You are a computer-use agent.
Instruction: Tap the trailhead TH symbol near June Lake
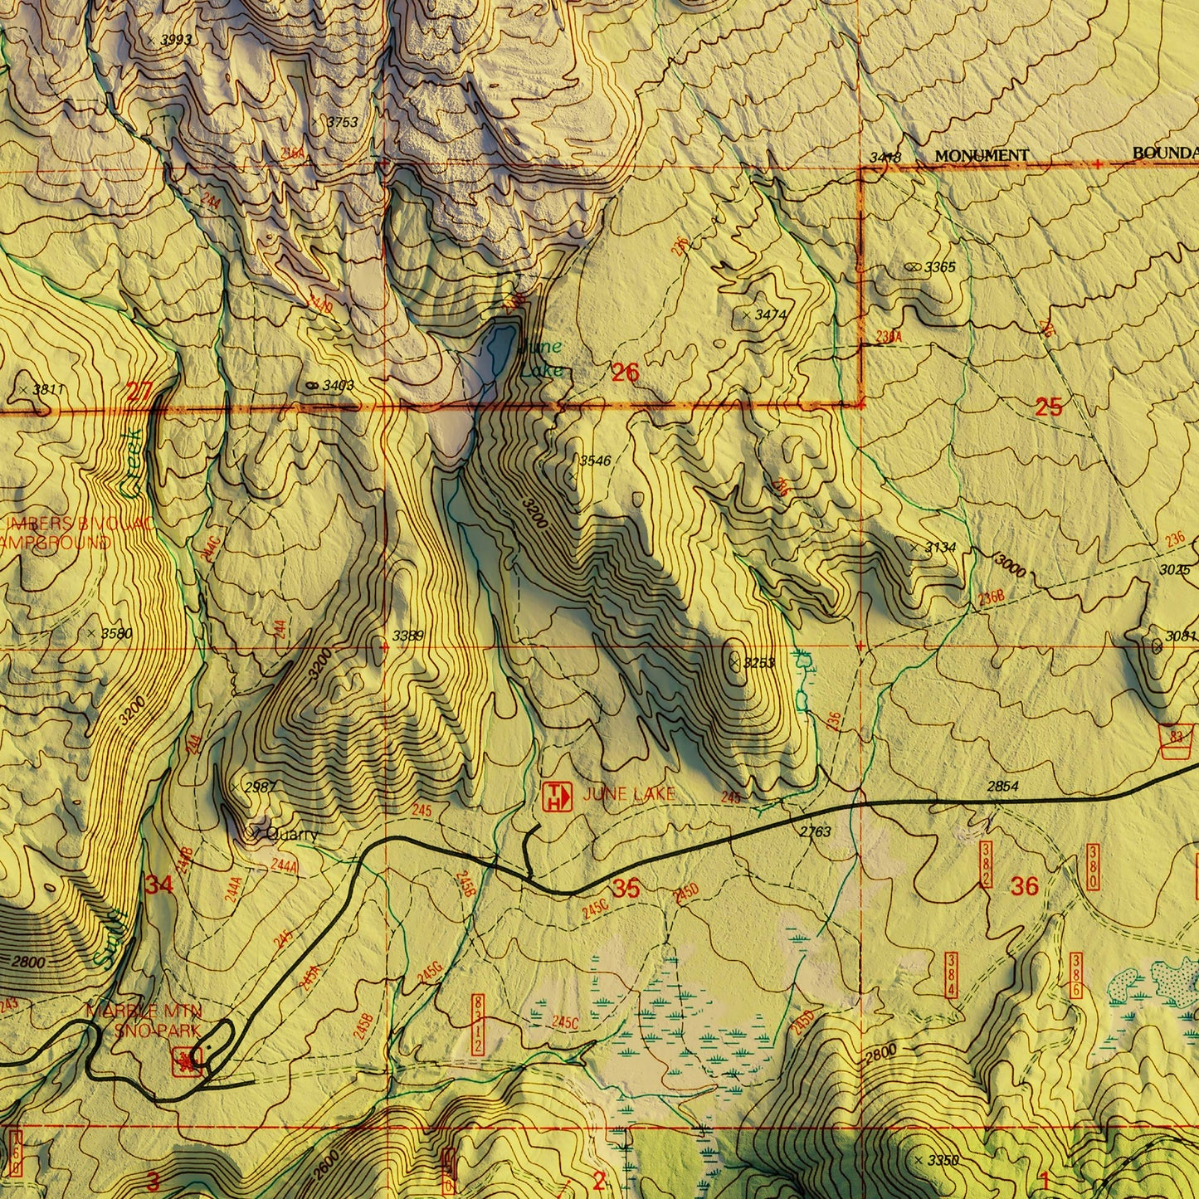point(557,797)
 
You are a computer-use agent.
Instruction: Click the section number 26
point(625,373)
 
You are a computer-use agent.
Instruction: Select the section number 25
point(1049,407)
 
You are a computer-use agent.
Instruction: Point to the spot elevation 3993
point(175,40)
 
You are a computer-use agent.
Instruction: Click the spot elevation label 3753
point(342,122)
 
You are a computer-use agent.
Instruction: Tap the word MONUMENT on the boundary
point(982,155)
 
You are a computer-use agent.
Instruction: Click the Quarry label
point(290,835)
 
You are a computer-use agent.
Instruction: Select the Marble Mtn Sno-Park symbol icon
point(183,1060)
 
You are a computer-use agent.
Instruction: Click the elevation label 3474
point(770,315)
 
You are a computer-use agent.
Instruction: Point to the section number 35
point(626,889)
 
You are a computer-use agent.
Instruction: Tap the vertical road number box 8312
point(477,1025)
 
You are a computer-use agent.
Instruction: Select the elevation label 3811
point(48,388)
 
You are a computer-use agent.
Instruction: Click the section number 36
point(1025,886)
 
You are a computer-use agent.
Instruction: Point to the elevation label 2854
point(1002,786)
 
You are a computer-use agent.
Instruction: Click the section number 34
point(159,885)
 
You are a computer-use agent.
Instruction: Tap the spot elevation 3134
point(940,548)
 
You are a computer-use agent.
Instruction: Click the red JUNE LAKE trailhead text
point(629,794)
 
